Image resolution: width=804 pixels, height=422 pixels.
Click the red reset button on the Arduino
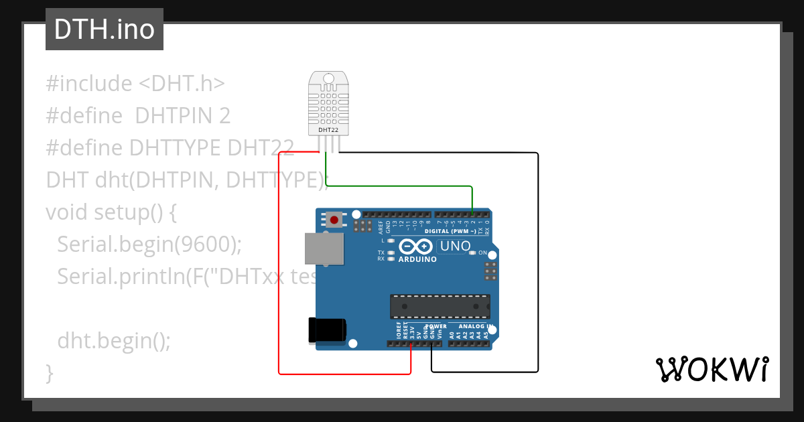(x=334, y=218)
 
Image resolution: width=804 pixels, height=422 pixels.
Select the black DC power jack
(x=327, y=330)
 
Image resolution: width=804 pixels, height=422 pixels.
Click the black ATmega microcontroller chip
(x=440, y=305)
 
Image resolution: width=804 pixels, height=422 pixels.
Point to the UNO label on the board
(x=455, y=247)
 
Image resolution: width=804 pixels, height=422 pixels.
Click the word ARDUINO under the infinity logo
(x=417, y=259)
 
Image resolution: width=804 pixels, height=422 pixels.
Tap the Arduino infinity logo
(x=417, y=247)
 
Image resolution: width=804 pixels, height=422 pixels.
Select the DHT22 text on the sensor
(x=328, y=130)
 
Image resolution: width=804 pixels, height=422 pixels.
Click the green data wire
(x=402, y=185)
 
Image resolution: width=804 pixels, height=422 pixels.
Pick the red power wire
(x=279, y=268)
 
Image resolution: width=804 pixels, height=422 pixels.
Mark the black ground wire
(x=537, y=268)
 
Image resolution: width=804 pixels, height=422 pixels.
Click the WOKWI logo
(x=712, y=369)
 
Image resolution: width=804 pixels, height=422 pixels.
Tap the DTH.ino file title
(x=104, y=29)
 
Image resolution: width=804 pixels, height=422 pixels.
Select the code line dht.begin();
(x=114, y=341)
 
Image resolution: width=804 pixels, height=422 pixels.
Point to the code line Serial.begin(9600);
(x=149, y=244)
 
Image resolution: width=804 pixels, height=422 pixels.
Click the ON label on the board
(x=482, y=253)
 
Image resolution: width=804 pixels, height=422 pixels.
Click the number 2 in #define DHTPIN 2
(x=224, y=116)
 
